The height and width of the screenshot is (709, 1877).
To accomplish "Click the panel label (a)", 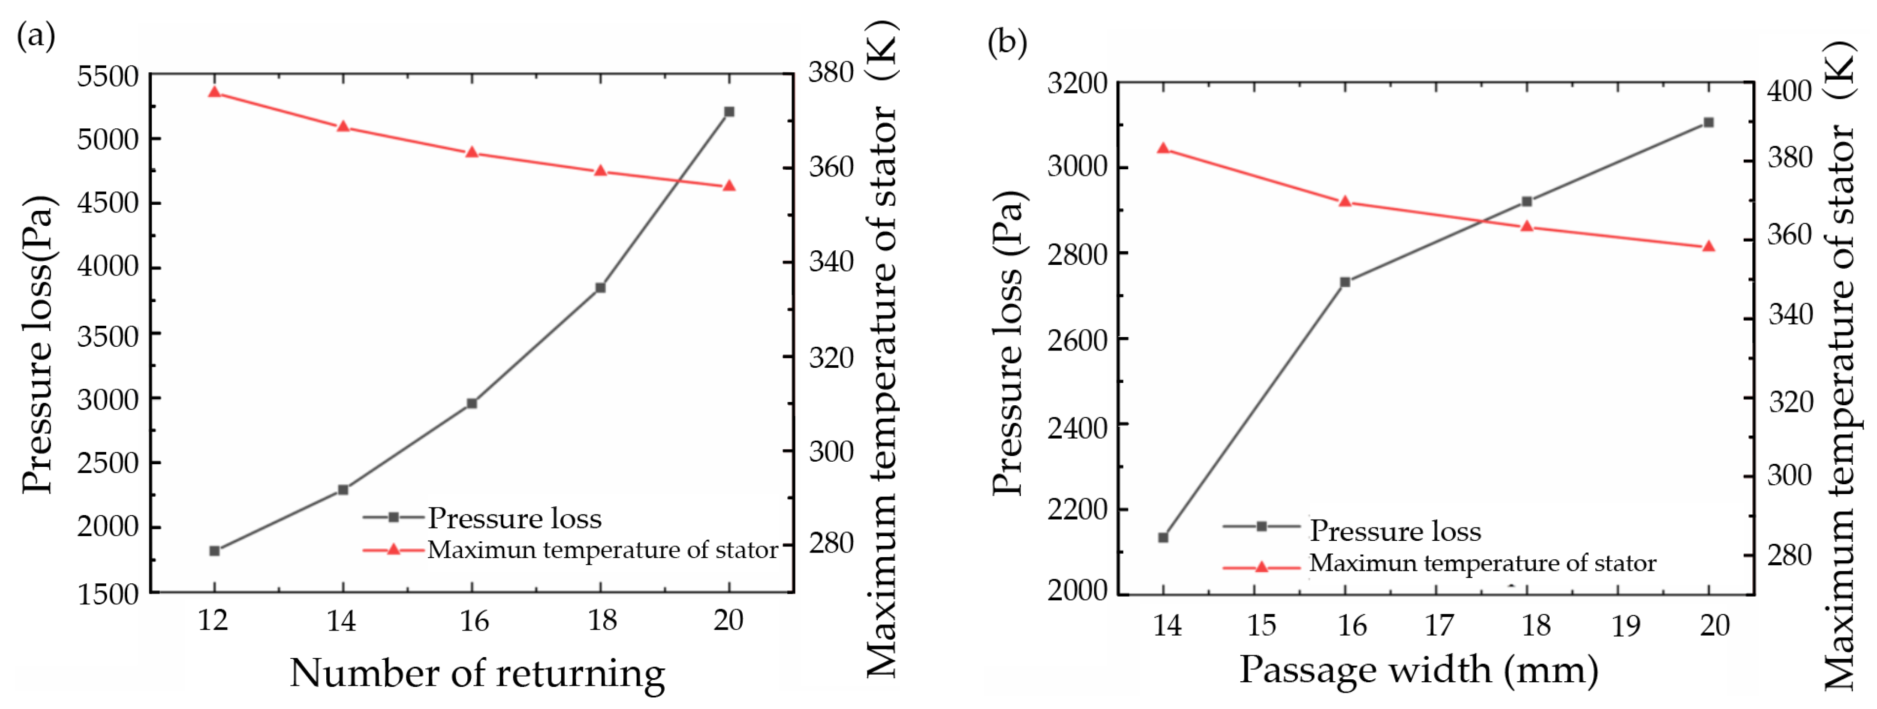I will point(36,34).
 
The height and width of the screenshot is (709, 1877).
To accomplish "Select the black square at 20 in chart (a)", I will point(728,111).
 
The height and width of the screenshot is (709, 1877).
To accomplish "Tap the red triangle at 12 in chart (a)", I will point(214,92).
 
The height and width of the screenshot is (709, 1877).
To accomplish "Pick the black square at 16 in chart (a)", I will point(471,403).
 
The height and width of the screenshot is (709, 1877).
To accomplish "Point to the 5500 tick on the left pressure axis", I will point(108,76).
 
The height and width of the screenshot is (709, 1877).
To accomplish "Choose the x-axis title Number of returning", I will point(477,672).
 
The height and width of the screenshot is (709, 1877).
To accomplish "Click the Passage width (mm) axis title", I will point(1419,669).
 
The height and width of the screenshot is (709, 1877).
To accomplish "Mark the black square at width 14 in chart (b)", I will point(1163,538).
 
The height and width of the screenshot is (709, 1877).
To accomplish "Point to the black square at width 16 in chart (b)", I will point(1345,281).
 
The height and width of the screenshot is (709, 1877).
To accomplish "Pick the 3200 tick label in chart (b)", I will point(1077,83).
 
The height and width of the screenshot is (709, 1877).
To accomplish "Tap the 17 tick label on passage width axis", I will point(1438,625).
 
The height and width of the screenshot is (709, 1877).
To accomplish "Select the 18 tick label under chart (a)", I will point(602,620).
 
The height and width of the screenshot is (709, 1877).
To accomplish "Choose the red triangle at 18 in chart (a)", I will point(600,170).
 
